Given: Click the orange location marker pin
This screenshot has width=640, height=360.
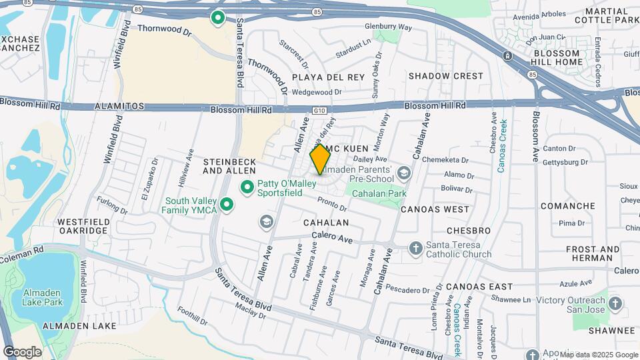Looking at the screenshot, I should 321,159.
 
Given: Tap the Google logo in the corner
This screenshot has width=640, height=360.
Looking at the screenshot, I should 22,352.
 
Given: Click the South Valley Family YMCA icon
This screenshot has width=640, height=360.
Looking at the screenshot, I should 227,205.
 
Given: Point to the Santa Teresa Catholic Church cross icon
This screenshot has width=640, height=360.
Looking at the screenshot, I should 415,248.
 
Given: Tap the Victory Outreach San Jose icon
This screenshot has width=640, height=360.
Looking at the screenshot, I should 615,305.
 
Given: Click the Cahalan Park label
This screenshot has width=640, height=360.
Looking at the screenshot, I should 379,193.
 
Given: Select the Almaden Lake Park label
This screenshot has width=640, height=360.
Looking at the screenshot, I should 43,297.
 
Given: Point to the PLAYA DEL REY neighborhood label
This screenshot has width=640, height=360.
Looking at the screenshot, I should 329,77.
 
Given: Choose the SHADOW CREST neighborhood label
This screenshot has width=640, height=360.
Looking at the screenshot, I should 445,76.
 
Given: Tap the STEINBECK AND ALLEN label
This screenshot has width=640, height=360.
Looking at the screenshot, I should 229,166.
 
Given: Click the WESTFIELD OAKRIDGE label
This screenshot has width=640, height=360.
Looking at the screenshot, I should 83,226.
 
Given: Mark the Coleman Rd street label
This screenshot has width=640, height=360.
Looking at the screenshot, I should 21,254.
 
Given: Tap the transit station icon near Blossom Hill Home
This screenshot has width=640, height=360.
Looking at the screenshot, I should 508,55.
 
